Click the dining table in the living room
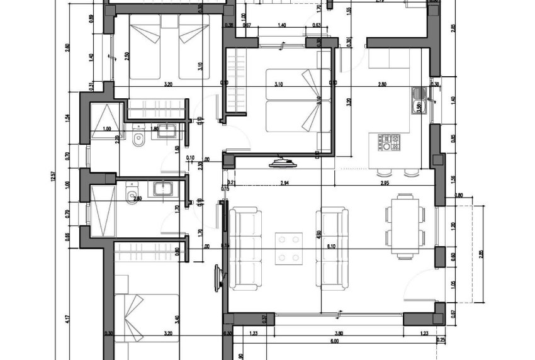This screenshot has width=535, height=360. click(403, 223)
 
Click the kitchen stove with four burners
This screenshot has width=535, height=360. click(388, 142)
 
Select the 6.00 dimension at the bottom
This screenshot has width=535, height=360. click(334, 342)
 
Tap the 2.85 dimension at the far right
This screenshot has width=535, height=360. click(481, 254)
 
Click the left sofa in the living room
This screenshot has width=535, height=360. click(245, 249)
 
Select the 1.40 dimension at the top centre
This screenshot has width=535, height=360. click(281, 26)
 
